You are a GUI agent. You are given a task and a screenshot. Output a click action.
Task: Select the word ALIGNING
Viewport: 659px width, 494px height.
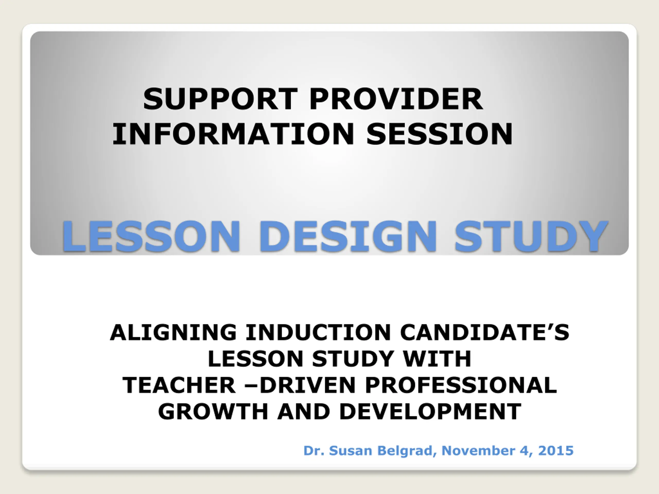[173, 332]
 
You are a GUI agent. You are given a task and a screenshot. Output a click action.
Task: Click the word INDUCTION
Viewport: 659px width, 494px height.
[318, 332]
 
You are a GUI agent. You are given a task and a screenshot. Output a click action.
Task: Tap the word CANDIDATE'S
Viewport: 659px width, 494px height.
[484, 332]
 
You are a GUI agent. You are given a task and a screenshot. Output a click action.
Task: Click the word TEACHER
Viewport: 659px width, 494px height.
[179, 385]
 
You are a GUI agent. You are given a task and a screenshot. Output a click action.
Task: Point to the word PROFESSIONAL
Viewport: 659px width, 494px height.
[461, 385]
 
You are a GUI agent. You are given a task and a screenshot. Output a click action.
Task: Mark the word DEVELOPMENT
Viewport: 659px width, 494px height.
[430, 411]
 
